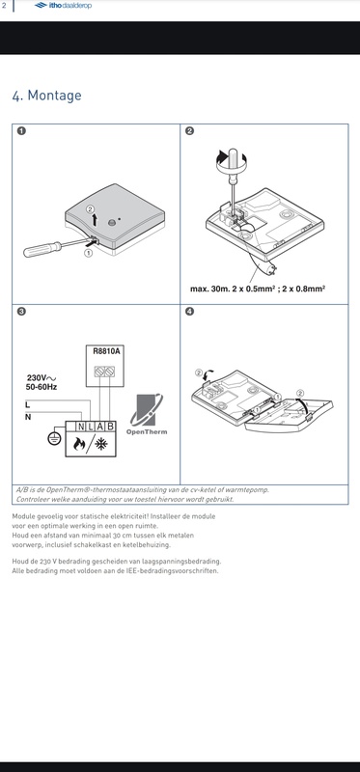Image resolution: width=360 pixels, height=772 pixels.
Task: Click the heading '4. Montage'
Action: pos(46,96)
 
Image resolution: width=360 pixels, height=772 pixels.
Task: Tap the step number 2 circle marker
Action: pos(190,131)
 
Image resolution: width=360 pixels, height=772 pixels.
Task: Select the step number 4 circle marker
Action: pos(190,312)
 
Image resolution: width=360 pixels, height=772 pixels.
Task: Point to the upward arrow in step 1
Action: pos(94,217)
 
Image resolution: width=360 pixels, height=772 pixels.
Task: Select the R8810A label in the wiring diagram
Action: pos(105,351)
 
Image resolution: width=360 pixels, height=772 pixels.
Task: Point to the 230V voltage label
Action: pos(40,378)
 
